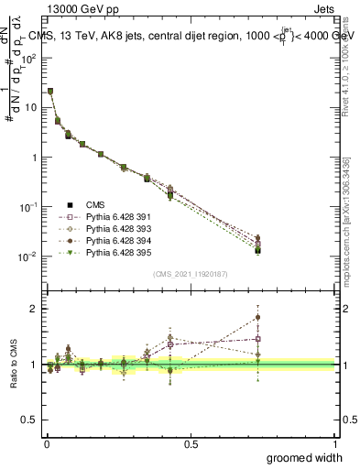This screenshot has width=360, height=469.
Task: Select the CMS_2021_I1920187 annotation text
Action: click(x=191, y=273)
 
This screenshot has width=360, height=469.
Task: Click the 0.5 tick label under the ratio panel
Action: click(x=191, y=444)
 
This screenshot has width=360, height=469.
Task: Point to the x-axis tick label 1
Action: click(x=334, y=444)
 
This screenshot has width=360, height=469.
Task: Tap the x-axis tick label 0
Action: click(x=47, y=444)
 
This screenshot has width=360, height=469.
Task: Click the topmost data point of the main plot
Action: click(x=50, y=91)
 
